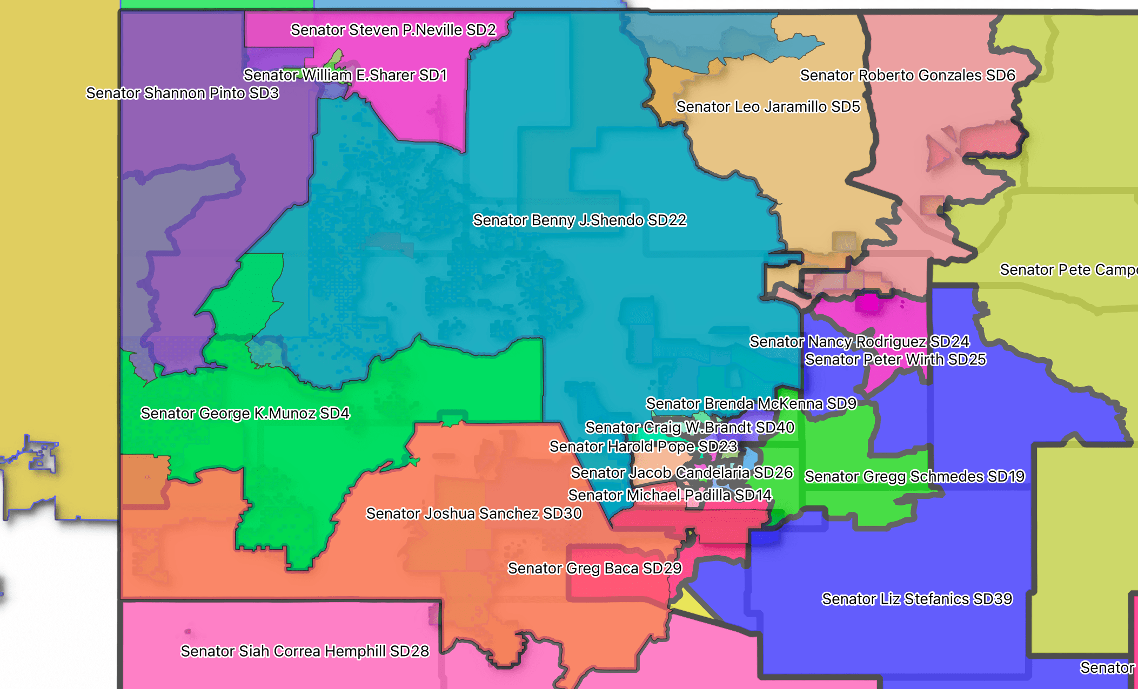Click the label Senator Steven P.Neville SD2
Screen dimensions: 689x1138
[x=393, y=30]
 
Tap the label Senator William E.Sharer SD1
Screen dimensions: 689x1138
[x=345, y=75]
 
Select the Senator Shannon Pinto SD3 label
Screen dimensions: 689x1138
[x=183, y=93]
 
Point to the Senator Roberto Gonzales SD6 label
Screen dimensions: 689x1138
[x=908, y=75]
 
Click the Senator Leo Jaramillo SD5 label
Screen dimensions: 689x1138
[x=768, y=106]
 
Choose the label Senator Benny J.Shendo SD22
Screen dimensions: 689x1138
[x=579, y=220]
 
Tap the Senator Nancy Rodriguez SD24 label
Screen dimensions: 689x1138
[x=859, y=342]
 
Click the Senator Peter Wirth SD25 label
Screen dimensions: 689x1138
[x=895, y=360]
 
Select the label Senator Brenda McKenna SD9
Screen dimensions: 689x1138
[x=751, y=404]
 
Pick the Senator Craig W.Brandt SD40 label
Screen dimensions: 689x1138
[x=690, y=428]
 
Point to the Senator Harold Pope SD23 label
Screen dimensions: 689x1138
[x=643, y=447]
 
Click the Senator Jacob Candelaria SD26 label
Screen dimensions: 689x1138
[x=681, y=473]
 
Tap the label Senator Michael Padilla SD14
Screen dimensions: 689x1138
[x=670, y=495]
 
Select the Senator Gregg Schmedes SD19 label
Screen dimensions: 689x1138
[x=914, y=477]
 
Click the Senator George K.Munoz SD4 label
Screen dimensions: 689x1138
[x=245, y=414]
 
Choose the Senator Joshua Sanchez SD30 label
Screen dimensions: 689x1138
[x=474, y=514]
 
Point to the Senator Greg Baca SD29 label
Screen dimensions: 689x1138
[x=594, y=569]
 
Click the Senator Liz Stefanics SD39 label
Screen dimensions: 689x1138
[x=917, y=599]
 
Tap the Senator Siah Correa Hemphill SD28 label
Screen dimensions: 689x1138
[x=305, y=651]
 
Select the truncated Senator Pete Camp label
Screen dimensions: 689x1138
[x=1068, y=270]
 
